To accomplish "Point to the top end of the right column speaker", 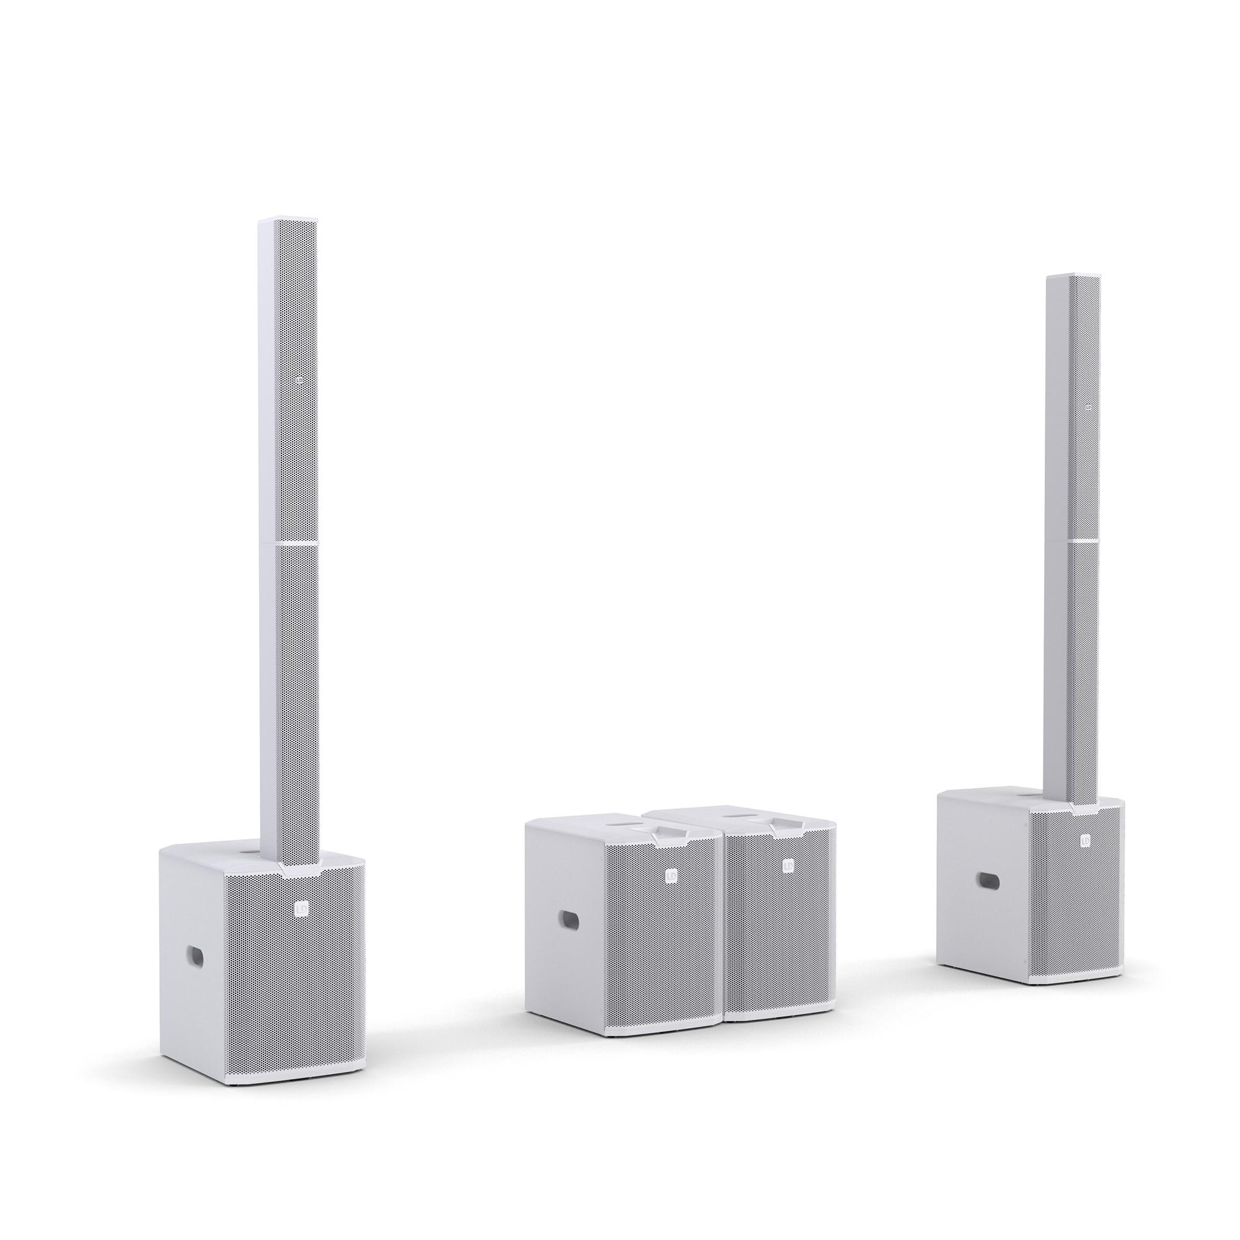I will click(x=1073, y=278).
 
